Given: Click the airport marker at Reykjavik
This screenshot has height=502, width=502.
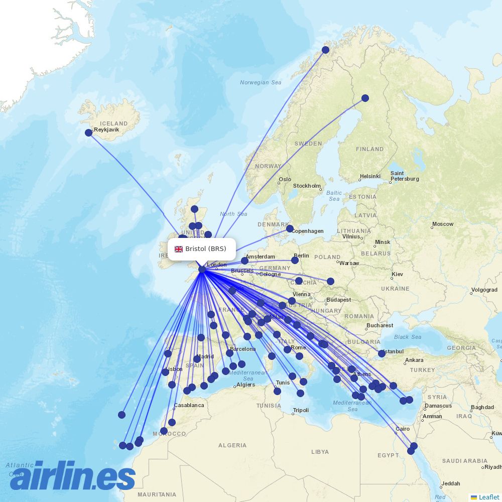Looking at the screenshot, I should [89, 133].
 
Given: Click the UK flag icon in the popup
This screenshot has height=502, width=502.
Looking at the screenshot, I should [179, 249].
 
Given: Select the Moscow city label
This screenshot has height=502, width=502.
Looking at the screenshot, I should [443, 224].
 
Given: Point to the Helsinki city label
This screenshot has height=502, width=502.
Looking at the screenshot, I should [370, 176].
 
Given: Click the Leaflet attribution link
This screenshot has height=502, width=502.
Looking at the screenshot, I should [488, 497].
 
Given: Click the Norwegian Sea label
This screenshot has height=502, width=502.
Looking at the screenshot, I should [261, 82].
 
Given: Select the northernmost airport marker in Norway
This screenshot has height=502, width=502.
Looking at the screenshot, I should [326, 50].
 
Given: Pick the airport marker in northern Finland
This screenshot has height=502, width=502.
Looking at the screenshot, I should [365, 98].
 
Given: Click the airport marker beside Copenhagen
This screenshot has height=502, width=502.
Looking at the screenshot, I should [290, 228].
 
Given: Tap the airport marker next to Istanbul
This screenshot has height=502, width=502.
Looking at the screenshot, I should [382, 354].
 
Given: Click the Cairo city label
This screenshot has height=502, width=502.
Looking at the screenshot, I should [403, 429].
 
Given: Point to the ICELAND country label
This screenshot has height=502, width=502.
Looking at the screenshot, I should [114, 123].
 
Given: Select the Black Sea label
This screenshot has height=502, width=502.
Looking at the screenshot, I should [408, 337].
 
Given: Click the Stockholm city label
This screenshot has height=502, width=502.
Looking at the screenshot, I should [307, 186].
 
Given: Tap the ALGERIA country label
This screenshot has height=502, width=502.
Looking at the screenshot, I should [232, 445].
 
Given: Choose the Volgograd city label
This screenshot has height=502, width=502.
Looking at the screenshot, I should [484, 290].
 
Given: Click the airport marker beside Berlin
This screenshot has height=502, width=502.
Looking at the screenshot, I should [295, 260].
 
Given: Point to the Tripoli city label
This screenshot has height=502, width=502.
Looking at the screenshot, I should [301, 410].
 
